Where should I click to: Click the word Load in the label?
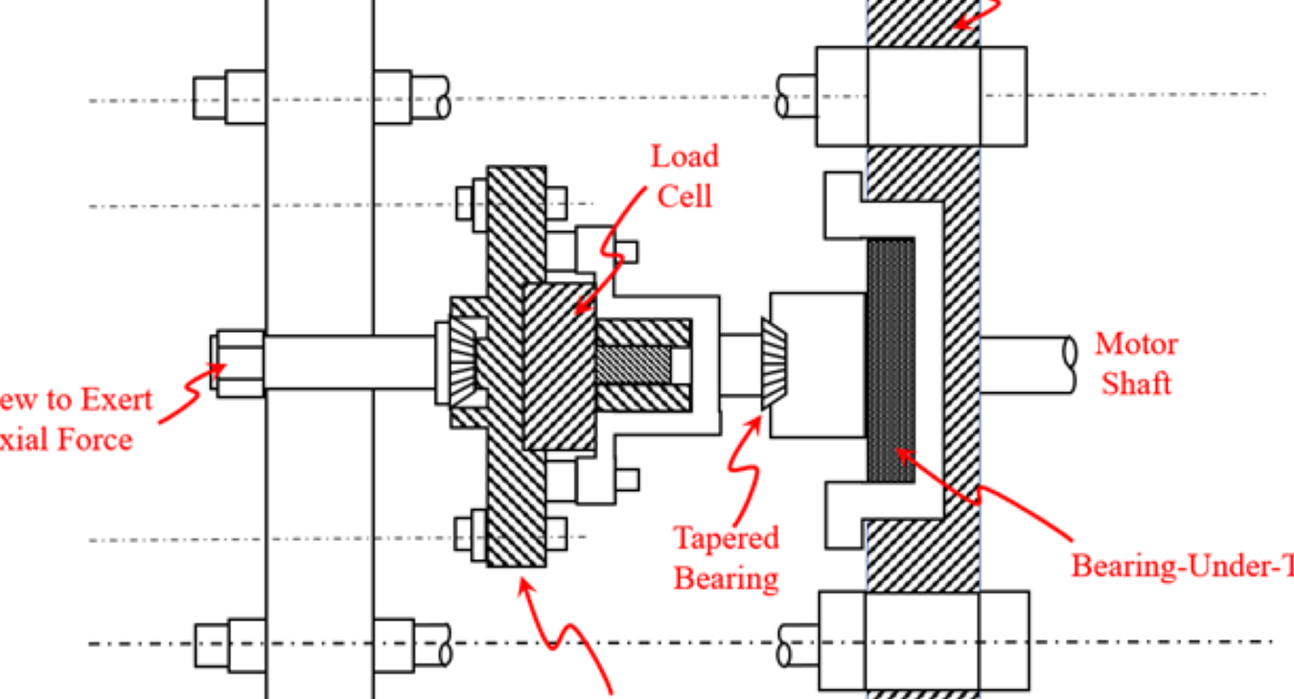coord(684,156)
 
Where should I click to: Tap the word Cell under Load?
coord(684,196)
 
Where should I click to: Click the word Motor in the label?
coord(1136,343)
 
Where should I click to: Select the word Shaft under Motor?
coord(1136,384)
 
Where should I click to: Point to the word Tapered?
coord(726,538)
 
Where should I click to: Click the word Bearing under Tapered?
coord(726,578)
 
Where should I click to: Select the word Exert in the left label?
coord(114,399)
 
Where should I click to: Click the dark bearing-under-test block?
coord(890,360)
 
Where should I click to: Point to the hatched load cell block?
coord(560,366)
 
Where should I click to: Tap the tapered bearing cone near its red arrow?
coord(774,365)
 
